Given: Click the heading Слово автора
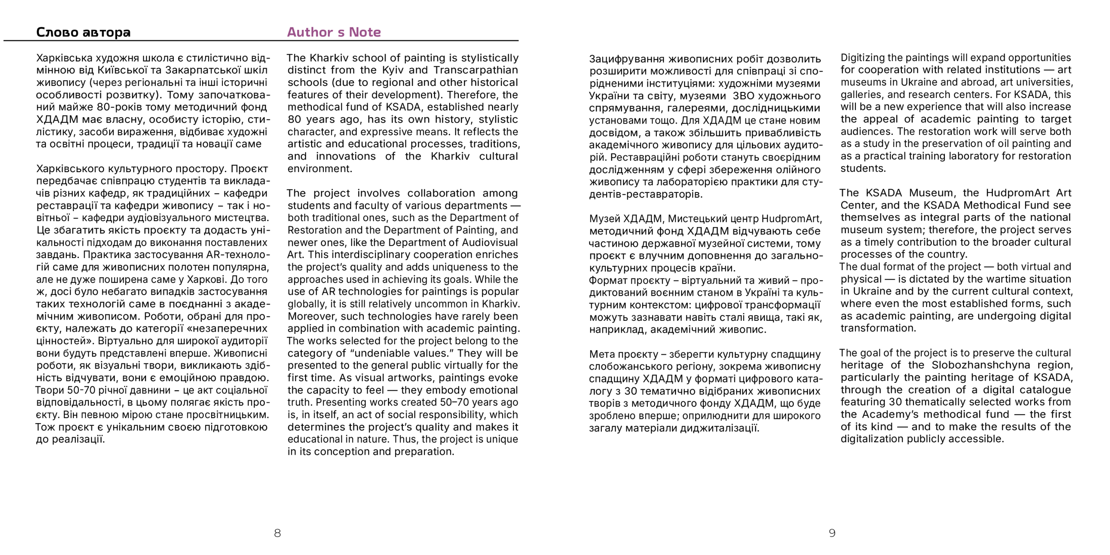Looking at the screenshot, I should click(x=83, y=32).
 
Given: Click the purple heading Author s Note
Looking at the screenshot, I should click(x=334, y=32).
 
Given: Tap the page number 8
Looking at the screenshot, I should click(x=277, y=533).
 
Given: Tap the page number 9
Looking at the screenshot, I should click(x=832, y=533).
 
